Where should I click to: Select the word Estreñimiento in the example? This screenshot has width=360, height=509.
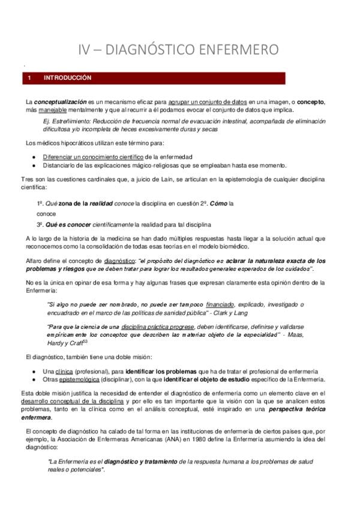(67, 121)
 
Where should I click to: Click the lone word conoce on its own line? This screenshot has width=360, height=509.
(46, 214)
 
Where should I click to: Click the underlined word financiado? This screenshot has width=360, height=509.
(220, 304)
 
